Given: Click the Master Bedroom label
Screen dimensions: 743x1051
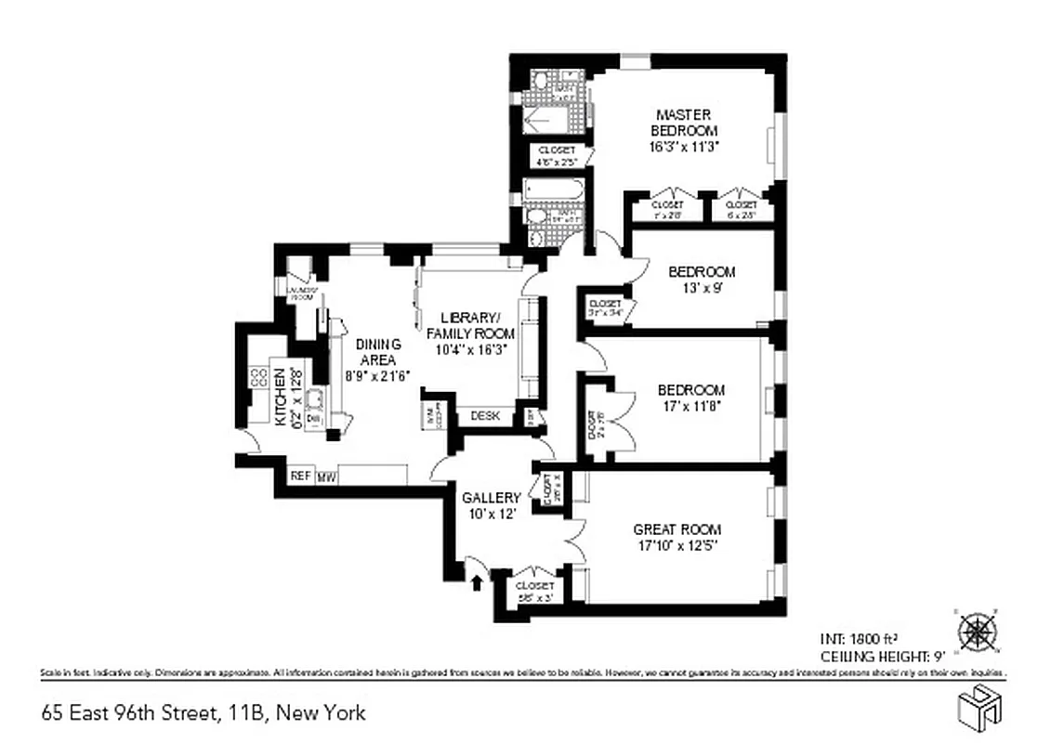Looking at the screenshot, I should (x=683, y=123).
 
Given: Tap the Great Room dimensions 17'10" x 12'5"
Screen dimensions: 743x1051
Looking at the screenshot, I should (x=677, y=546).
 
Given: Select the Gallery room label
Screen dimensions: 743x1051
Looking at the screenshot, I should (x=492, y=499).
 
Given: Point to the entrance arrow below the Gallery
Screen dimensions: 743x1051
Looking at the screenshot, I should (x=478, y=582).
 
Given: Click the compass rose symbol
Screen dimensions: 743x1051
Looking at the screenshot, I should (x=977, y=632).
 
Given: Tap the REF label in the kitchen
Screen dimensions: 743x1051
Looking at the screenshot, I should (x=299, y=476).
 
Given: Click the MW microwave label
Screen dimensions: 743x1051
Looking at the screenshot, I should (x=326, y=477).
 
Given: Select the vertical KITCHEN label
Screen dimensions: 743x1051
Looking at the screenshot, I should (x=277, y=398).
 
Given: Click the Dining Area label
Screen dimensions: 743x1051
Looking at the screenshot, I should (x=377, y=352).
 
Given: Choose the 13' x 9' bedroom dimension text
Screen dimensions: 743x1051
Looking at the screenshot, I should (x=702, y=288).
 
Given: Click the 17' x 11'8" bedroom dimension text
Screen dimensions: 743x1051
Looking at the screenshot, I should (x=690, y=406).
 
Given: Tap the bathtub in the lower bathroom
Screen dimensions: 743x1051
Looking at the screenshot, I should (x=552, y=190).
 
